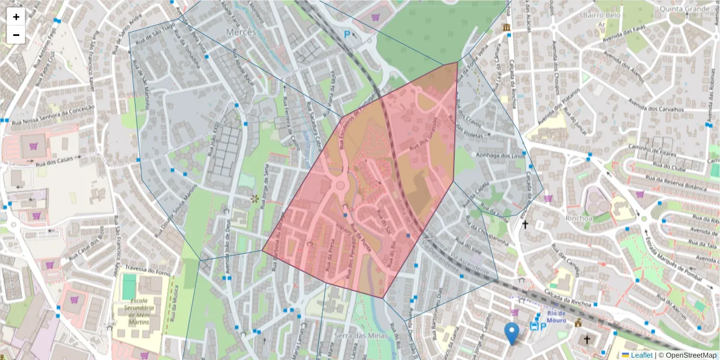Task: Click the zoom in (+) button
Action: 16,17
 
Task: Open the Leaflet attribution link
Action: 641,355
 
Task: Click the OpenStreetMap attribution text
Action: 688,355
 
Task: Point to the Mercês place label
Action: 241,32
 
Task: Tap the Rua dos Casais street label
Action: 59,161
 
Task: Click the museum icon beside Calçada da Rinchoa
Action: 507,28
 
